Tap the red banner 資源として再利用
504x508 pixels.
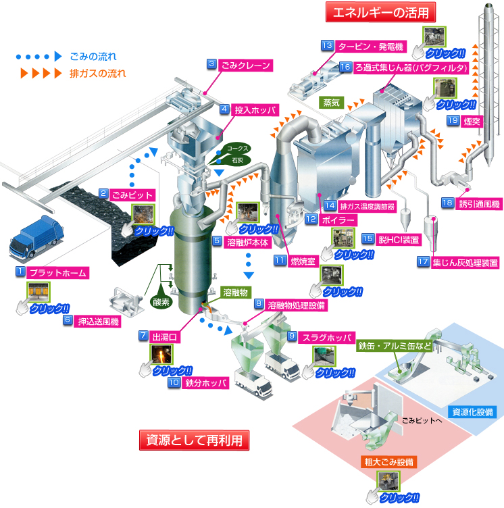click(x=194, y=440)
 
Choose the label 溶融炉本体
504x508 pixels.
click(x=247, y=240)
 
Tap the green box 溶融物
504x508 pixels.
click(x=236, y=292)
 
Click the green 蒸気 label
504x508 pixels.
click(x=333, y=103)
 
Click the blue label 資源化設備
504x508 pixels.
click(x=474, y=411)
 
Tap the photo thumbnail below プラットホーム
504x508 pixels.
click(x=39, y=291)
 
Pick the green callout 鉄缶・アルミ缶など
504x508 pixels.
click(x=394, y=346)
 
